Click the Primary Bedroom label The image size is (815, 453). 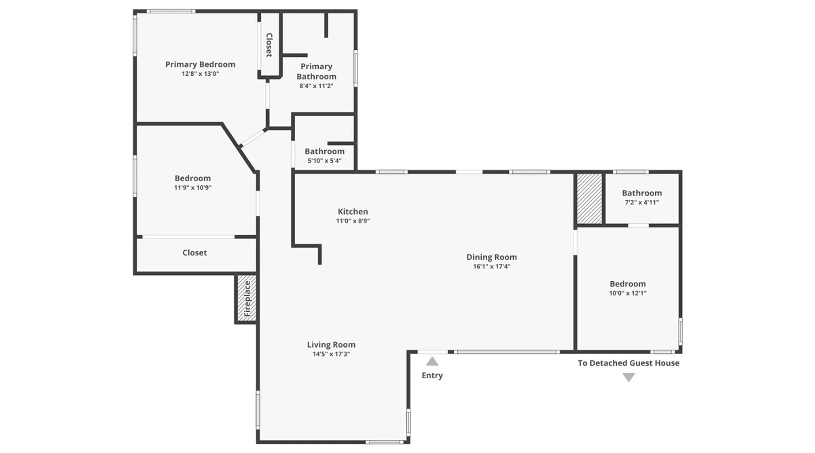[x=200, y=64]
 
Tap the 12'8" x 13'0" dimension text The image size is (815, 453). [x=200, y=74]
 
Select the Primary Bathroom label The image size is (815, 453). [x=316, y=72]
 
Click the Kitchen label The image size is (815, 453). [x=353, y=212]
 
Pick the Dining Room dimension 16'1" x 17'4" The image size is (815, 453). [x=492, y=266]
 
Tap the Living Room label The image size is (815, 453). [x=331, y=345]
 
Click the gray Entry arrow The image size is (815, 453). [x=432, y=361]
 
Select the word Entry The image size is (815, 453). [x=432, y=375]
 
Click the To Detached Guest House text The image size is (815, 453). [x=628, y=363]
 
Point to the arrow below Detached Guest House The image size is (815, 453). [x=628, y=377]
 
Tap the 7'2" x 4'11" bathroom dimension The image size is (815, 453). [x=642, y=202]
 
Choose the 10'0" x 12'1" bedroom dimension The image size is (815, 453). [x=628, y=293]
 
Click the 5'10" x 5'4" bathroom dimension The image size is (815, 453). [x=324, y=161]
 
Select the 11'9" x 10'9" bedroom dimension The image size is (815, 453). [x=193, y=188]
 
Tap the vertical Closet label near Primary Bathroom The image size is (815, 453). [x=269, y=45]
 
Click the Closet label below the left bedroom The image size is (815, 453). [x=195, y=253]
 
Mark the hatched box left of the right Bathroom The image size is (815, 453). [x=590, y=198]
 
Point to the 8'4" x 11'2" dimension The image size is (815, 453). [x=316, y=86]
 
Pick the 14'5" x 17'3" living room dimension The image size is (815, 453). [x=331, y=354]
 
